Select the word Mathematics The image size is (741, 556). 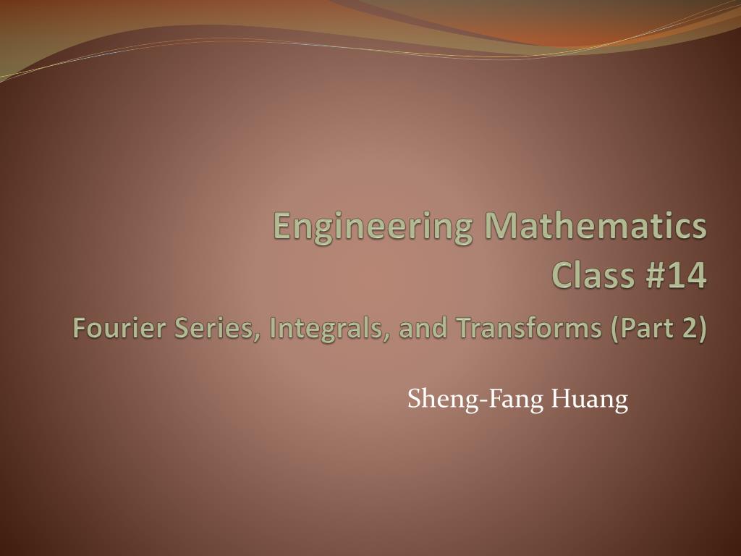[x=596, y=226]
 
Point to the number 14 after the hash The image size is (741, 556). [x=690, y=277]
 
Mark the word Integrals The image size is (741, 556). [x=329, y=329]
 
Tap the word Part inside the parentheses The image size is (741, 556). [x=645, y=329]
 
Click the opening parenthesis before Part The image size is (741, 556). [x=615, y=329]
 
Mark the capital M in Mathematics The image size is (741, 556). [x=500, y=226]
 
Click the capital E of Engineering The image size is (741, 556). [x=282, y=226]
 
